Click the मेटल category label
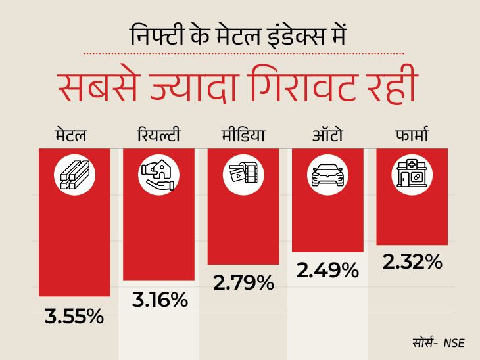point(71,135)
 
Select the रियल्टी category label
point(158,135)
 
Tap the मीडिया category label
point(243,135)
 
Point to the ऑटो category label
point(327,135)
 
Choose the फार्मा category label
point(412,135)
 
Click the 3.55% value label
point(74,316)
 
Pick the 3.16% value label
point(160,300)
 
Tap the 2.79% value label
point(243,283)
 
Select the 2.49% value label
point(327,271)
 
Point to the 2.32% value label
point(412,262)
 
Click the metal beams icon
point(74,175)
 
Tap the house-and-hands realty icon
point(158,175)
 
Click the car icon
point(327,175)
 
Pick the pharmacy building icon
point(412,174)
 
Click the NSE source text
point(454,343)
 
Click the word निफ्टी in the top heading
point(156,35)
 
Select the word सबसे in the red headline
point(98,87)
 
